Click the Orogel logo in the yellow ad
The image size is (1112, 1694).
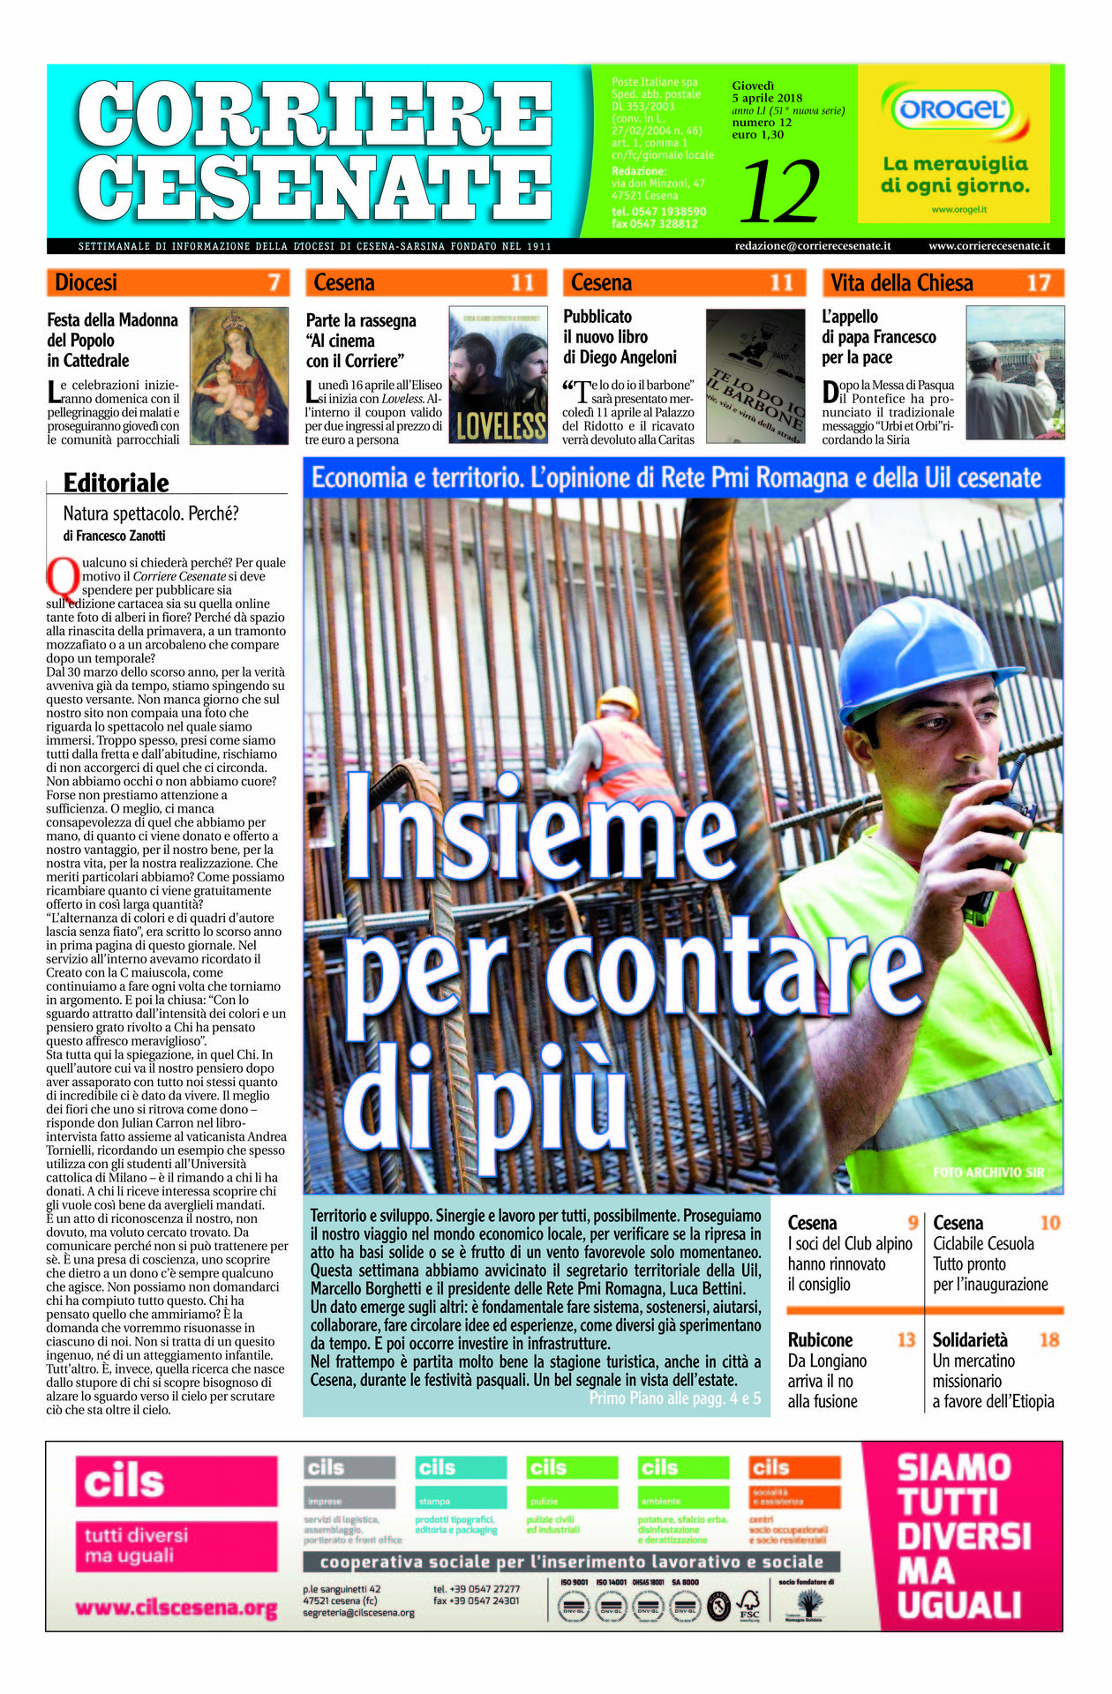point(953,110)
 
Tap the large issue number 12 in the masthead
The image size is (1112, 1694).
point(780,191)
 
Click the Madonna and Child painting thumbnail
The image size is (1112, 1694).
point(239,375)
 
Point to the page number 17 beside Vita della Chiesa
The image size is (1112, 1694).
point(1038,283)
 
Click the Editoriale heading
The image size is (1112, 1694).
point(116,483)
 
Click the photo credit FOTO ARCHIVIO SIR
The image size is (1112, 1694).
point(988,1173)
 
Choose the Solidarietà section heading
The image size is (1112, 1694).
point(970,1340)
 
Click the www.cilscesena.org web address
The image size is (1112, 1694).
point(177,1608)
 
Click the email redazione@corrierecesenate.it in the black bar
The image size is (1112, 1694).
point(812,246)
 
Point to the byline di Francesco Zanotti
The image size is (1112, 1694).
point(114,536)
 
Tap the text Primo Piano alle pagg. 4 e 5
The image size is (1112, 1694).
point(674,1398)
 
